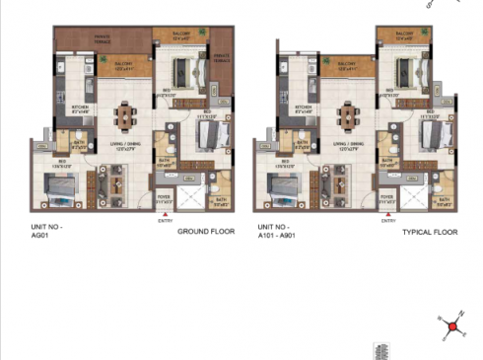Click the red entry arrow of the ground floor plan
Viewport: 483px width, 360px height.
point(166,213)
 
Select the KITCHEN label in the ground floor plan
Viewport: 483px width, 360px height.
point(80,108)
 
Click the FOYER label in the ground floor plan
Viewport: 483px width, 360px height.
point(164,196)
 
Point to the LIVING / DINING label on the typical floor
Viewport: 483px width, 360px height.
point(347,146)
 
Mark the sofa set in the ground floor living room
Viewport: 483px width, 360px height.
point(110,182)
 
